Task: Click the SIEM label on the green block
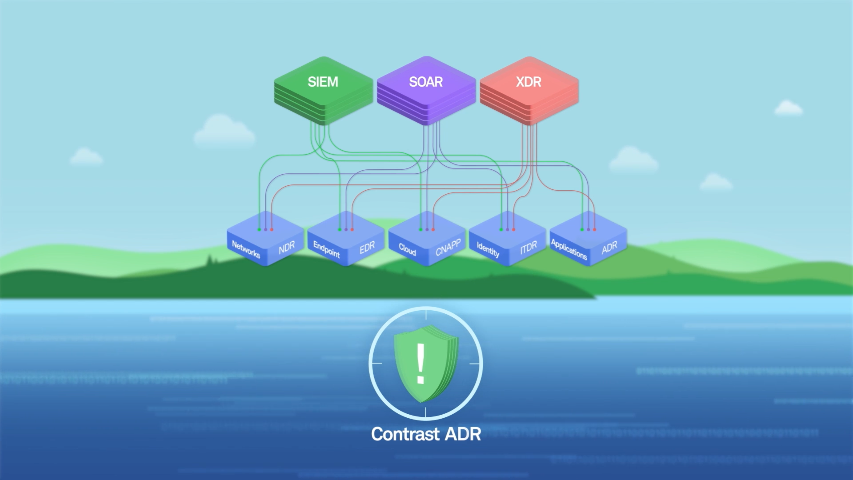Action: (x=323, y=82)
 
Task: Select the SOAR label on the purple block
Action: (x=426, y=82)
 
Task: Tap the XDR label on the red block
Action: (x=528, y=82)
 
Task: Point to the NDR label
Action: (x=287, y=247)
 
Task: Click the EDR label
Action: (x=367, y=247)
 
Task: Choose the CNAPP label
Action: (x=448, y=247)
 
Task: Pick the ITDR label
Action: (x=528, y=247)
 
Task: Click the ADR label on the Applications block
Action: (x=609, y=247)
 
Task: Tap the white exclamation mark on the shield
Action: (x=421, y=363)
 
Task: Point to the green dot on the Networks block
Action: (x=259, y=230)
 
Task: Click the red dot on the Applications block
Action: (x=594, y=230)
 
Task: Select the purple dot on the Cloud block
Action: (x=427, y=230)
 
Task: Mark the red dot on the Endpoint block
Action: (x=352, y=230)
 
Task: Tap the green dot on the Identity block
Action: (x=501, y=230)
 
